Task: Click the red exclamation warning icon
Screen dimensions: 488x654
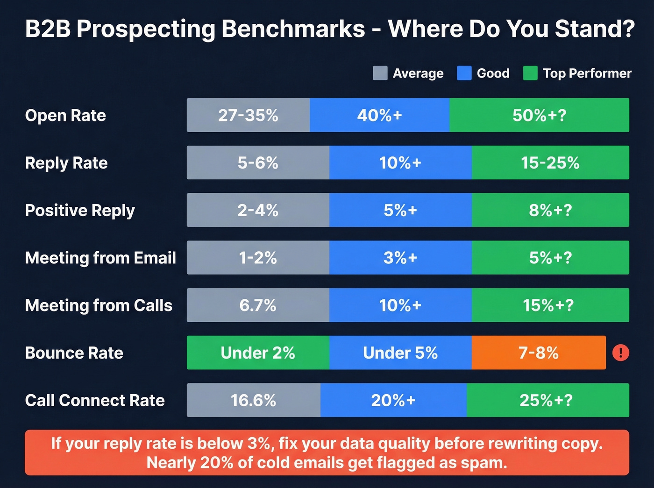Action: pos(620,353)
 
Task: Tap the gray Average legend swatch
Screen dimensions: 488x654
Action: pos(380,73)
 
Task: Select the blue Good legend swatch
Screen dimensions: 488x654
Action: pos(464,73)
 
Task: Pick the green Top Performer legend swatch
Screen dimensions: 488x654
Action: pos(530,73)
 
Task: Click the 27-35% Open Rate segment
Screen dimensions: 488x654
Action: pos(248,115)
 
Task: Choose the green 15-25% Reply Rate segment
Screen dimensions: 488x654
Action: pos(550,163)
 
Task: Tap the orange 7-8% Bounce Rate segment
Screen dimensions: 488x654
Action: pos(539,353)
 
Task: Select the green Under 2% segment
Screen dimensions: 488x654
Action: pos(258,353)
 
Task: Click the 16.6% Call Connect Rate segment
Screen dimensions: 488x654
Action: pos(254,400)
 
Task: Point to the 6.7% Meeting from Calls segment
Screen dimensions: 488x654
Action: pos(258,305)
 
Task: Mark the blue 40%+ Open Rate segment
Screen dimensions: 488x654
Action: pos(379,115)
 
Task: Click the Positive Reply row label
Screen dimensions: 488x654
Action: pos(80,211)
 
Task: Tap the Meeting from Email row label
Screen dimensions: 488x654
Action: pos(100,258)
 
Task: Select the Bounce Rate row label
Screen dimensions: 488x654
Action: pos(74,353)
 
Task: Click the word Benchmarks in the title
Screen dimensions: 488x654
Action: pos(293,29)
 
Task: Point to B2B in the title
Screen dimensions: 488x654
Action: pos(48,29)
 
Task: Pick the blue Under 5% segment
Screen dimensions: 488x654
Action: pos(400,353)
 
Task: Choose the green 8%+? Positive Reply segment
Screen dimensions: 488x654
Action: pos(550,211)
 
